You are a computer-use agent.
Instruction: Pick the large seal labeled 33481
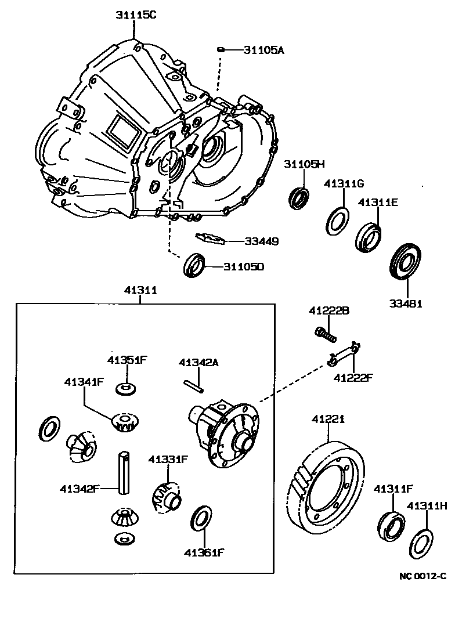pos(404,263)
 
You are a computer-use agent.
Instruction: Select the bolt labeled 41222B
pos(325,334)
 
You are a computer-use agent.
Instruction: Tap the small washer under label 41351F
pos(125,387)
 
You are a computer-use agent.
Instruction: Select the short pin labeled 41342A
pos(194,386)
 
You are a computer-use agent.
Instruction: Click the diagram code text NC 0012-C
pos(423,576)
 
